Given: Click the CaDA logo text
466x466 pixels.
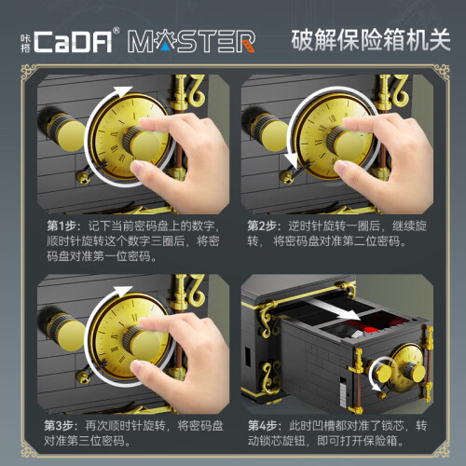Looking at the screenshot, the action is point(72,41).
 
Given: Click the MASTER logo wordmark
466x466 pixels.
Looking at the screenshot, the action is point(191,41).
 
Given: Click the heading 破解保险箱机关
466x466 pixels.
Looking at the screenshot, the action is point(371,40).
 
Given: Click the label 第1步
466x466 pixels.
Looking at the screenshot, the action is point(62,226).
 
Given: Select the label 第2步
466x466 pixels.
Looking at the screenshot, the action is point(262,226).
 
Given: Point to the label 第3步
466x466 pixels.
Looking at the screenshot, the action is point(58,426).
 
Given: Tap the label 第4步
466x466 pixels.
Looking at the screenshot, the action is point(262,426).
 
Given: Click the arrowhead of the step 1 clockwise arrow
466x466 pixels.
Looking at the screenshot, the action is point(123,91).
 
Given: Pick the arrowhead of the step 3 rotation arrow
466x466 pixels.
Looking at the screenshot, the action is point(123,292).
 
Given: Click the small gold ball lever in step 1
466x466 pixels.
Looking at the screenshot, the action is point(82,177).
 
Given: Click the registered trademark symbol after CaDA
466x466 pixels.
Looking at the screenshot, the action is point(116,31).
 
